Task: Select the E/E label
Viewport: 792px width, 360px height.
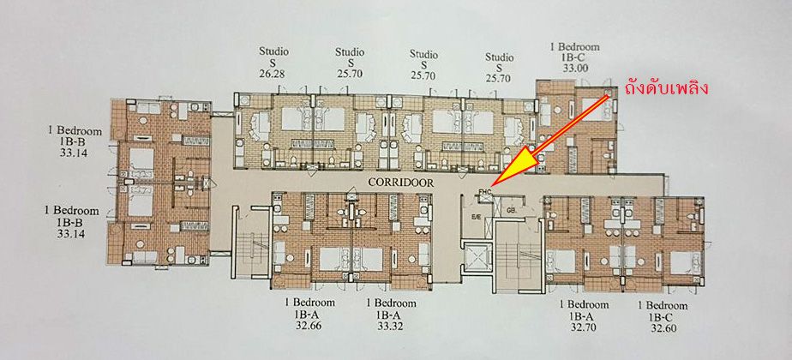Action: [477, 218]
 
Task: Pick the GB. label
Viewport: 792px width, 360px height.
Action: [511, 209]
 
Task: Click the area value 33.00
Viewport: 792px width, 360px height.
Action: [576, 68]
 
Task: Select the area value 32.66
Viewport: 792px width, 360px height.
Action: [301, 327]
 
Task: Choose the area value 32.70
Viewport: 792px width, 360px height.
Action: [577, 327]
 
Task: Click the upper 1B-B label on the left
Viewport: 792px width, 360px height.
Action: [75, 144]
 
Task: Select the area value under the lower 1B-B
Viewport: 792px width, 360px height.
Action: [75, 232]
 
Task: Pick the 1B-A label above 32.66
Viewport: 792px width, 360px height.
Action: [301, 315]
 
